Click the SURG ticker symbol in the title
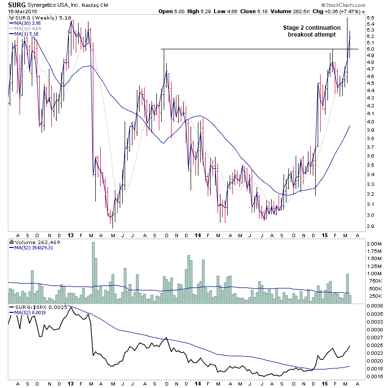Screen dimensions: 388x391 tap(17, 4)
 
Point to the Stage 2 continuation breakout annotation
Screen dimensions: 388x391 tap(312, 31)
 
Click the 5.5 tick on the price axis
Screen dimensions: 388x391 tap(370, 18)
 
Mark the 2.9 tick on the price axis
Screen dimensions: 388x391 tap(370, 226)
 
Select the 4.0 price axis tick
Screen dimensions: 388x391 tap(370, 122)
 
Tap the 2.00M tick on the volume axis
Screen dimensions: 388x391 tap(373, 244)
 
